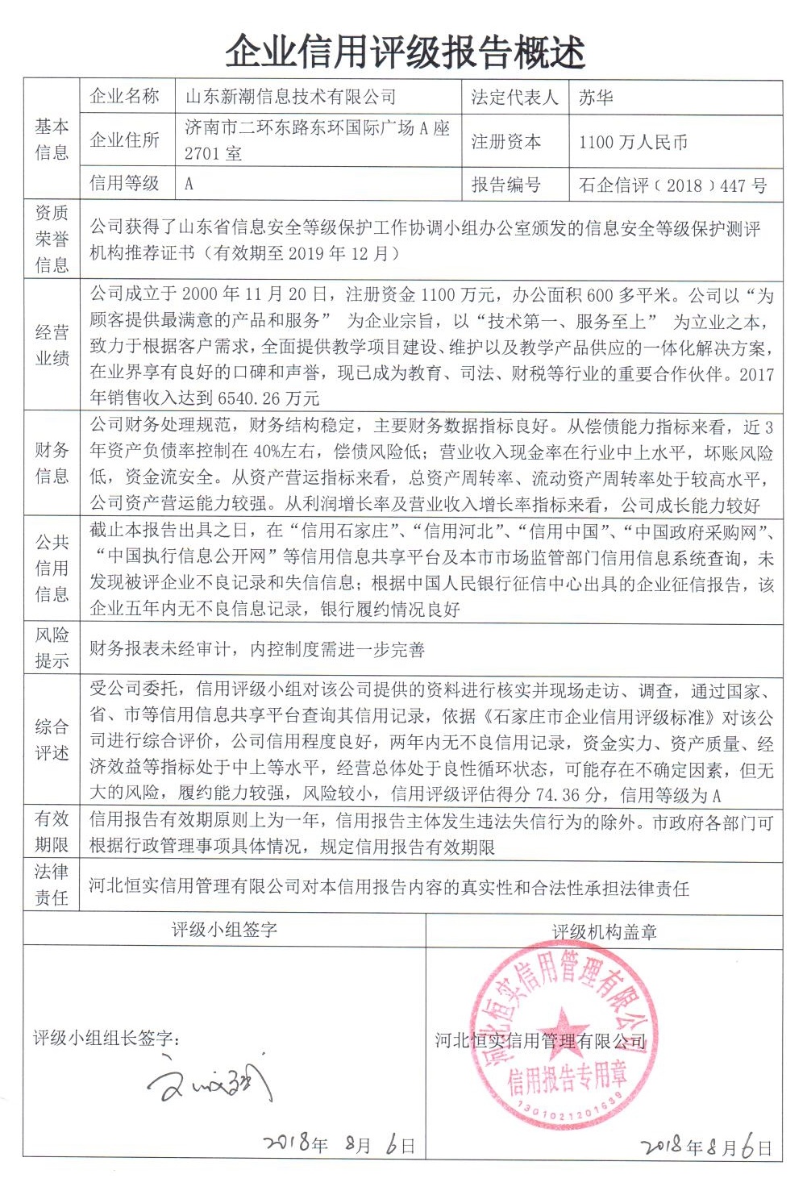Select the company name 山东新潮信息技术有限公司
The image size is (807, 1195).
[x=291, y=98]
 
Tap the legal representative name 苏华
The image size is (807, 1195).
[x=596, y=98]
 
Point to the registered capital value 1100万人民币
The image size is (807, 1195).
[x=633, y=142]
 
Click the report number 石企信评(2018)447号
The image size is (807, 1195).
[x=672, y=185]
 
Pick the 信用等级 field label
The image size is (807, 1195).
[x=124, y=183]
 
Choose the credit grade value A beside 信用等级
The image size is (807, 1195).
[x=189, y=184]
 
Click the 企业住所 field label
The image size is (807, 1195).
[x=124, y=140]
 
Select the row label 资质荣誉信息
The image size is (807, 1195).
[x=52, y=239]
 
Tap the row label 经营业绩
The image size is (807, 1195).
[x=52, y=345]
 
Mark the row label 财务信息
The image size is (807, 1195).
[x=52, y=463]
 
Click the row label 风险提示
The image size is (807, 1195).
[x=52, y=648]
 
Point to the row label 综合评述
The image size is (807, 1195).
[x=52, y=739]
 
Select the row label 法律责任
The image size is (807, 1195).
[x=52, y=885]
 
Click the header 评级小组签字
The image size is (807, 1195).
[x=224, y=930]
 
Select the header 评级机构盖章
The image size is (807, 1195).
[x=604, y=931]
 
